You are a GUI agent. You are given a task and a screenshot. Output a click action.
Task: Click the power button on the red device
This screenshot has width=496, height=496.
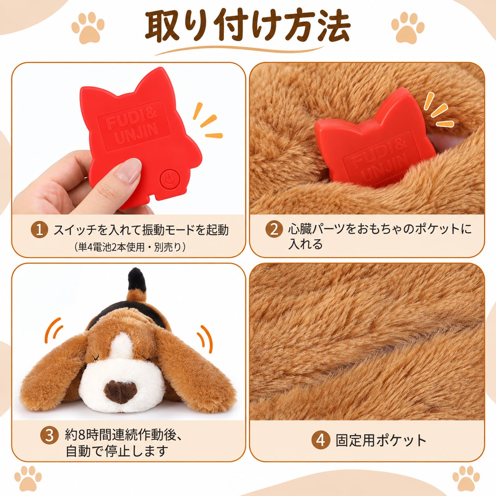[x=169, y=180]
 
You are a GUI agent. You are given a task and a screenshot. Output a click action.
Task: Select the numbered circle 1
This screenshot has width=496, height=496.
[x=40, y=229]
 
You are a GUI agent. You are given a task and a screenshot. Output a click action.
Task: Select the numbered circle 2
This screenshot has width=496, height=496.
[x=274, y=229]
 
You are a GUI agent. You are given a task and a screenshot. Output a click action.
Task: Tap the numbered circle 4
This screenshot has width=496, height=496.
[x=320, y=440]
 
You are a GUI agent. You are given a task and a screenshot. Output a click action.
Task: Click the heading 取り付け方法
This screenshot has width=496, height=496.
[x=248, y=27]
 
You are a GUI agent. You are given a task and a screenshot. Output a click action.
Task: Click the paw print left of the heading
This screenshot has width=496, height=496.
[x=88, y=28]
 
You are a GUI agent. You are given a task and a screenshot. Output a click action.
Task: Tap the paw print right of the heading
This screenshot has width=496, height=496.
[x=407, y=28]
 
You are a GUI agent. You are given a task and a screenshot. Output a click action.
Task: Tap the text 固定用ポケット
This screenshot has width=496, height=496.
[x=381, y=440]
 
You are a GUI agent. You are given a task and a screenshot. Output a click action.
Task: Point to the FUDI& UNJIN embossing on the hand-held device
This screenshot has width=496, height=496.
[x=134, y=126]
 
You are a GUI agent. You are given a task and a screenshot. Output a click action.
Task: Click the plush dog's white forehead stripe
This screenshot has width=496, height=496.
[x=123, y=346]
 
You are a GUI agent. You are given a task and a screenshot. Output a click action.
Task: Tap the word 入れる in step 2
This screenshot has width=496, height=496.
[x=305, y=244]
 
